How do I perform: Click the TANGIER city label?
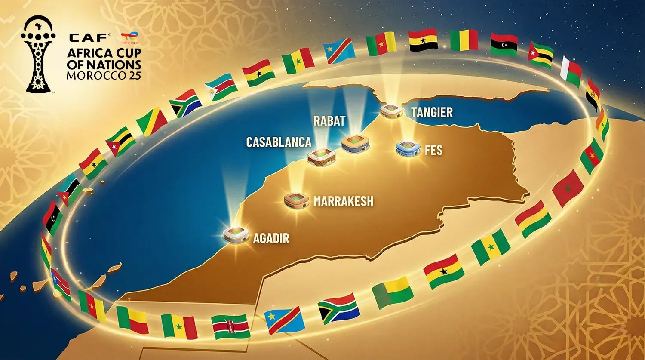[x=432, y=112]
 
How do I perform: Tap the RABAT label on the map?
[x=329, y=121]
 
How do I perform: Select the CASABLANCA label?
[x=278, y=142]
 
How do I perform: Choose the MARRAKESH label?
[x=343, y=201]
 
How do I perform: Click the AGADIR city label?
[x=271, y=238]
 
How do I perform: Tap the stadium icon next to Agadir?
[x=236, y=235]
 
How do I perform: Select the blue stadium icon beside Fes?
[x=407, y=148]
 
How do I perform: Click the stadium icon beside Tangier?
[x=391, y=111]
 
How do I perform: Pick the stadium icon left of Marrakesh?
[x=296, y=200]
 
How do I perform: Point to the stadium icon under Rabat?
[x=355, y=143]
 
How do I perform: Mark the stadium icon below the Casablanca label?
[x=321, y=156]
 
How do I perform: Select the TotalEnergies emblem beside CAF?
[x=129, y=38]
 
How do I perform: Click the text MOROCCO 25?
[x=104, y=75]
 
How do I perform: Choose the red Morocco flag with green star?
[x=568, y=188]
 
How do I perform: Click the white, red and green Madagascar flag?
[x=571, y=71]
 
